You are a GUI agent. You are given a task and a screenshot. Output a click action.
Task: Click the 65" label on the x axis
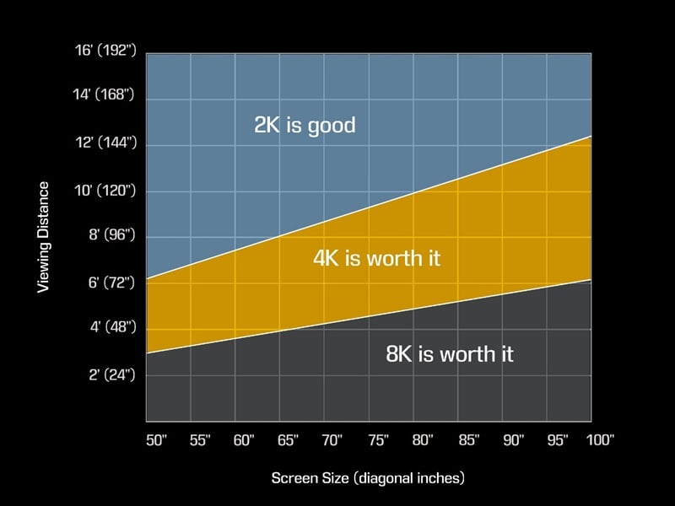pos(287,439)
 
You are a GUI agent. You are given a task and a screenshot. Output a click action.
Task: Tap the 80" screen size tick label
pos(421,439)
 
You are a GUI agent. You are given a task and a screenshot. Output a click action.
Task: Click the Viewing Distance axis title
pos(44,237)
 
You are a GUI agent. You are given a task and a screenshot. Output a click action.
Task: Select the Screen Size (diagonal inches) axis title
pos(368,478)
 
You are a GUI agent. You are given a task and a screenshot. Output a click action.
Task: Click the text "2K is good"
pos(305,126)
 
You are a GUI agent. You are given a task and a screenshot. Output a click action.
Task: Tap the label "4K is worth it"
pos(376,258)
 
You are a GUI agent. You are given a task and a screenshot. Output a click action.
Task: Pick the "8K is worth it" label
pos(450,354)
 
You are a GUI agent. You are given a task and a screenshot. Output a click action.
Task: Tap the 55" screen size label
pos(200,439)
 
